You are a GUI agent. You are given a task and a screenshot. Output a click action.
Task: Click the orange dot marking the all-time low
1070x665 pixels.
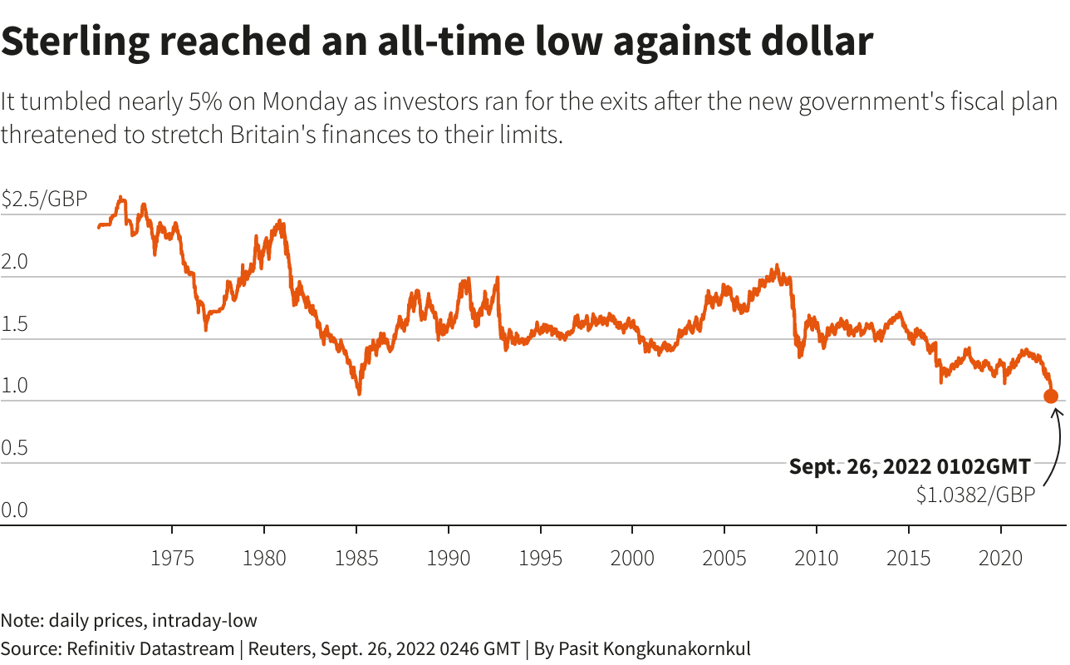[x=1051, y=397]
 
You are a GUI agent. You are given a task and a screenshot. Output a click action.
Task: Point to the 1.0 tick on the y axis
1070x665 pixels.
[x=15, y=387]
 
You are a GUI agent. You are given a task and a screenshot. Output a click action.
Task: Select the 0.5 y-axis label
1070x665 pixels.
[x=15, y=449]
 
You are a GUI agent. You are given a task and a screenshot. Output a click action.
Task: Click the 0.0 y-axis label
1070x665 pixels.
[x=15, y=510]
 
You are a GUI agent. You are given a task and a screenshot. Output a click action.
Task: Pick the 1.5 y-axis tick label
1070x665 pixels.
[x=15, y=324]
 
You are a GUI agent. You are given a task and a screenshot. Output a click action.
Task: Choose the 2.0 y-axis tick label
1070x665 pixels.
[x=15, y=262]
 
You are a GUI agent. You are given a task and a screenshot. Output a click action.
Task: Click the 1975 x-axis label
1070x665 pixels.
[x=172, y=558]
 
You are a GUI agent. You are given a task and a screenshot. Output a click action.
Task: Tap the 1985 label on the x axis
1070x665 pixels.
[x=356, y=558]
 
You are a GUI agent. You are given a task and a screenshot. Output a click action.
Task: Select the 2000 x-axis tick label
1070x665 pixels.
[x=632, y=558]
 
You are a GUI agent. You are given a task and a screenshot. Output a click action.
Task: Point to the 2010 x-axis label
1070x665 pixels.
[x=817, y=558]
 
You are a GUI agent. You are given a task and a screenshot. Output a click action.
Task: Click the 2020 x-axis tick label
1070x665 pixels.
[x=1001, y=558]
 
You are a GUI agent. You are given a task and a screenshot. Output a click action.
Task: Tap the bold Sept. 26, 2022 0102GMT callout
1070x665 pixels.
[x=910, y=466]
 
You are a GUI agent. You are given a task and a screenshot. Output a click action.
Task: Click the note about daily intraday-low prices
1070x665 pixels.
[x=129, y=620]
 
